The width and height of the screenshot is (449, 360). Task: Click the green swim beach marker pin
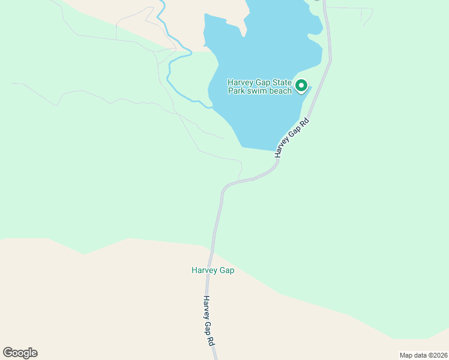tap(301, 86)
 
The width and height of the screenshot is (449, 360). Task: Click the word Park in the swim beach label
tap(237, 91)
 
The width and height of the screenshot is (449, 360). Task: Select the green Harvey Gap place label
tap(212, 270)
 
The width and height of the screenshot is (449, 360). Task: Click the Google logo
tap(20, 353)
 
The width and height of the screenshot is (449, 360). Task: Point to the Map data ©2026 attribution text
tap(423, 355)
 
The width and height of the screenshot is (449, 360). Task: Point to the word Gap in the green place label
tap(226, 270)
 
